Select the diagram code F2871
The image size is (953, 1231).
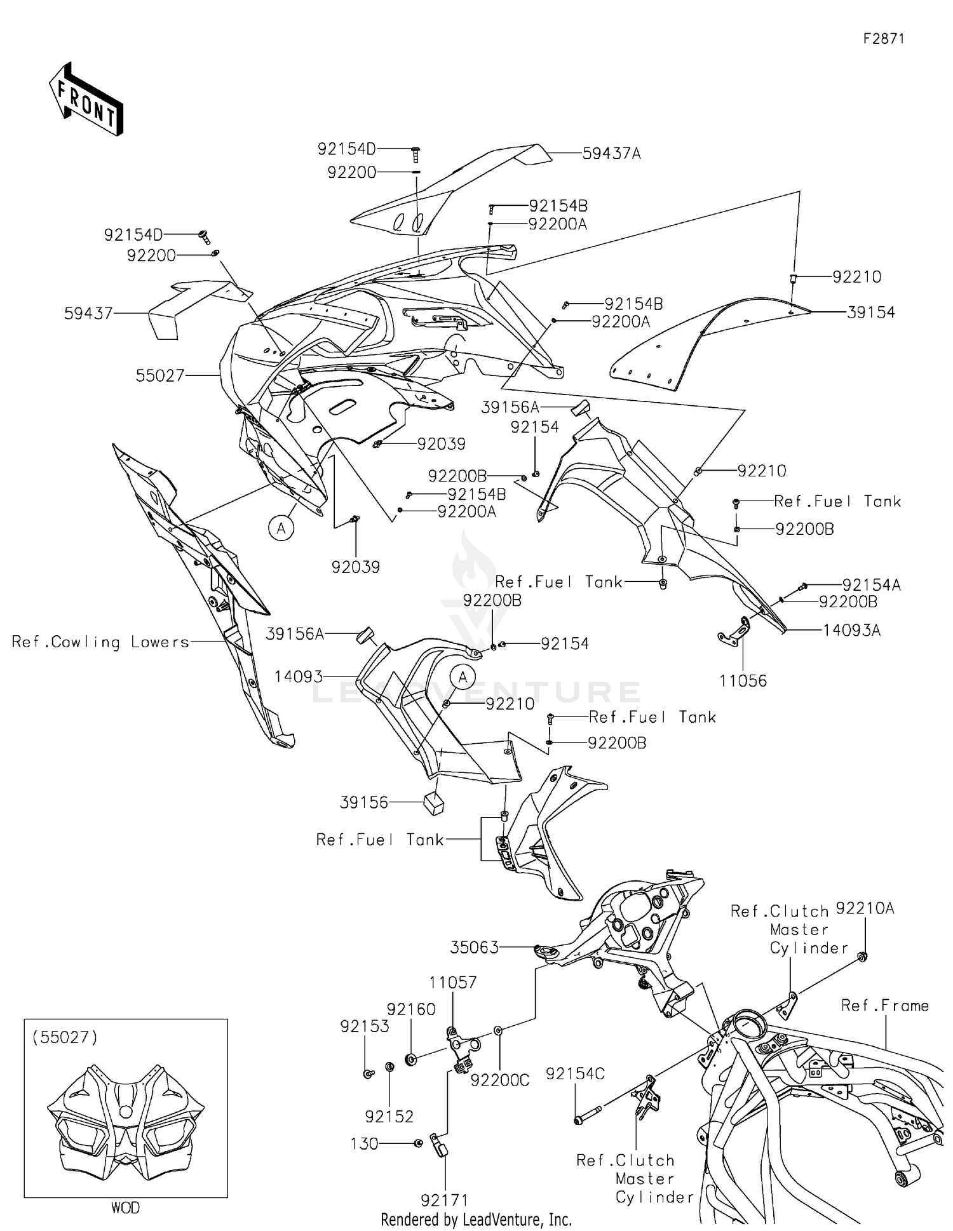pos(883,39)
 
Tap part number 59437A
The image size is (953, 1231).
pos(611,153)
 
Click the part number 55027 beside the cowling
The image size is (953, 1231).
pos(159,375)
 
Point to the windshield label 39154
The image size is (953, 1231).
pos(871,312)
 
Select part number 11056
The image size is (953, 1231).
pos(743,681)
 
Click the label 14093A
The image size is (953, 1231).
pos(851,630)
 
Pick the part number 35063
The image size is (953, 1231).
pos(474,948)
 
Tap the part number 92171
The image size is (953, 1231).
pos(444,1200)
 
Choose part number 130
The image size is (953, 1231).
pos(364,1143)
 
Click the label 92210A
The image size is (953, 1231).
pos(864,908)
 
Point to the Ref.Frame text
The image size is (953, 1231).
pos(884,1006)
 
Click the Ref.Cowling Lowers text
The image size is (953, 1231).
pos(100,642)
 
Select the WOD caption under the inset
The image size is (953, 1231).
pos(125,1207)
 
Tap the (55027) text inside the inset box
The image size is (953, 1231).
pos(65,1037)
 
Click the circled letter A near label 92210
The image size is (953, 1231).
pos(463,677)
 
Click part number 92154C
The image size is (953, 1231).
pos(575,1073)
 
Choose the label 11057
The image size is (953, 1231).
pos(452,982)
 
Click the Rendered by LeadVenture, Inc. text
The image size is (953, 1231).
pos(476,1220)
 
